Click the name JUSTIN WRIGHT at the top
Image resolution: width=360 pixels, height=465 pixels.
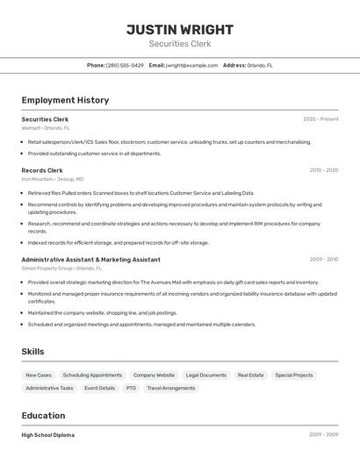(180, 29)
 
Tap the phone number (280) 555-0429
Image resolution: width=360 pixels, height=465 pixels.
(125, 65)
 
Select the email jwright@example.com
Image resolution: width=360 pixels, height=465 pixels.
(191, 65)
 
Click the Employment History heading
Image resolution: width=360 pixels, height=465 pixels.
(65, 100)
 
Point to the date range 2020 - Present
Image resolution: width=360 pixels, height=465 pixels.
(320, 119)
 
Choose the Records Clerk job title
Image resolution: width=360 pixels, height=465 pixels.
(42, 170)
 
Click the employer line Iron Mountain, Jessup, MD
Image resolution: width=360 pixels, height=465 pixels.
(53, 179)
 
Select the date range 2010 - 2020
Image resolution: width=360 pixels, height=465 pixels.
(323, 170)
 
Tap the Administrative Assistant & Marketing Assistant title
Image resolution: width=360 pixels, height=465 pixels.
(90, 260)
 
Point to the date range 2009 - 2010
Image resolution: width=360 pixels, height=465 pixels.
(323, 260)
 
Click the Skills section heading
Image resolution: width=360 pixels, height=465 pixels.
(32, 352)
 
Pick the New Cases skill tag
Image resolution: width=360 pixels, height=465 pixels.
(38, 375)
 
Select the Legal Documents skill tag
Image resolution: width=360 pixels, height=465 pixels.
(206, 375)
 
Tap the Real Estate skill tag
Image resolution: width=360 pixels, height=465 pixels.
(250, 375)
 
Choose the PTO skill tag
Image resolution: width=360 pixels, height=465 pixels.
(131, 388)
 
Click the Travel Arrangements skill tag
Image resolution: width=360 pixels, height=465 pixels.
(171, 388)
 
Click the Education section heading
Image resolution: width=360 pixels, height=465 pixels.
(42, 415)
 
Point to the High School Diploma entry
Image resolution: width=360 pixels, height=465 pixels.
(48, 435)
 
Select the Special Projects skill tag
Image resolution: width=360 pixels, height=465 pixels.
(294, 375)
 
